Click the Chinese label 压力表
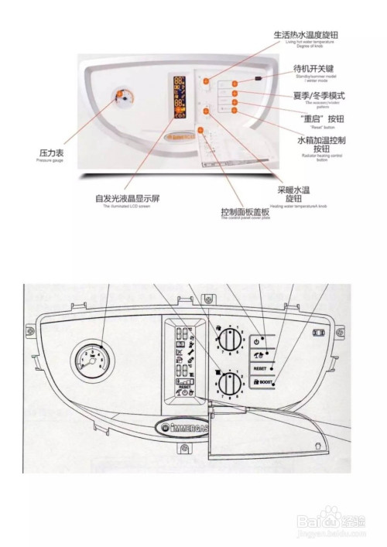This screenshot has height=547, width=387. [x=52, y=153]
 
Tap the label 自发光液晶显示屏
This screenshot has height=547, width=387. [x=126, y=198]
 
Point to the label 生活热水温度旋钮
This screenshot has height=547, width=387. [x=306, y=35]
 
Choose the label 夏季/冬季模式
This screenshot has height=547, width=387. [x=318, y=95]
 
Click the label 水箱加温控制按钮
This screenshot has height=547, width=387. [x=321, y=144]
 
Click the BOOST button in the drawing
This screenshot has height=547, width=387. [x=262, y=382]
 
